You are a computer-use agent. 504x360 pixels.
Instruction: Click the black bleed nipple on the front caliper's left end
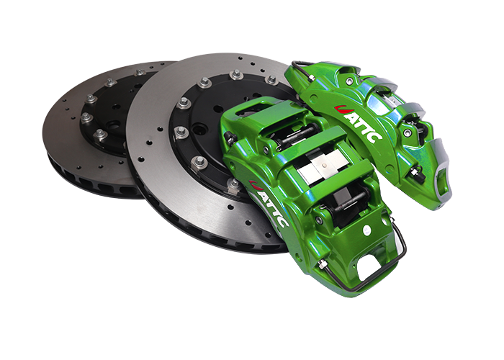tap(229, 138)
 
